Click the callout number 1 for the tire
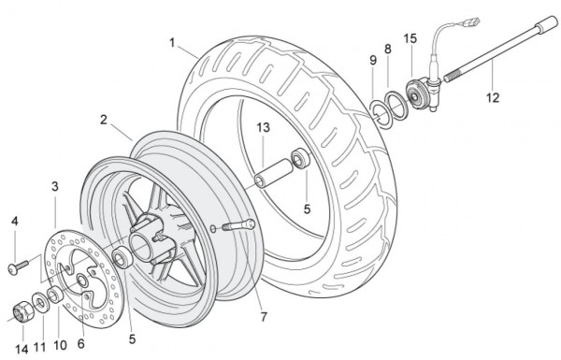(x=172, y=43)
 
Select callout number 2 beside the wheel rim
(x=104, y=120)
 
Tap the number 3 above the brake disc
(x=55, y=186)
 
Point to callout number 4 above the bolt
(x=15, y=222)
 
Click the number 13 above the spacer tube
(x=263, y=127)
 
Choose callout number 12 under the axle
(x=493, y=97)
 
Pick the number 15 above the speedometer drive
(x=410, y=38)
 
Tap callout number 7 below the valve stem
(x=264, y=317)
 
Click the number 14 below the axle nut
(x=22, y=350)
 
